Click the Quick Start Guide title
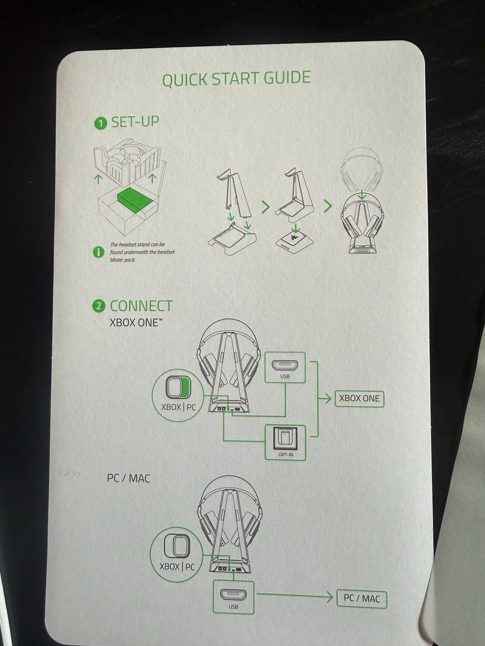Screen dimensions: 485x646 (236, 78)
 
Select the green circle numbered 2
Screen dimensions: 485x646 (99, 306)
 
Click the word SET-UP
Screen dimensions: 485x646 (135, 122)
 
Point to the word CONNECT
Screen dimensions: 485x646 (141, 306)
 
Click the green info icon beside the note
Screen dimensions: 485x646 (99, 252)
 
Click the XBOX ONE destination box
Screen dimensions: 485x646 (359, 399)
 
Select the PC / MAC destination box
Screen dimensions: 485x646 (362, 598)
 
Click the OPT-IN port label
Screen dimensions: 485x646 (285, 454)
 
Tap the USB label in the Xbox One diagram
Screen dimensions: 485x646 (285, 376)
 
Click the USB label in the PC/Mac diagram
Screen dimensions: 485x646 (233, 606)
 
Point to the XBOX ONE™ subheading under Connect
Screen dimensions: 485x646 (136, 322)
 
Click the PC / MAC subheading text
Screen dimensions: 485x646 (129, 478)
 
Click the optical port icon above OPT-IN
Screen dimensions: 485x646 (285, 438)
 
